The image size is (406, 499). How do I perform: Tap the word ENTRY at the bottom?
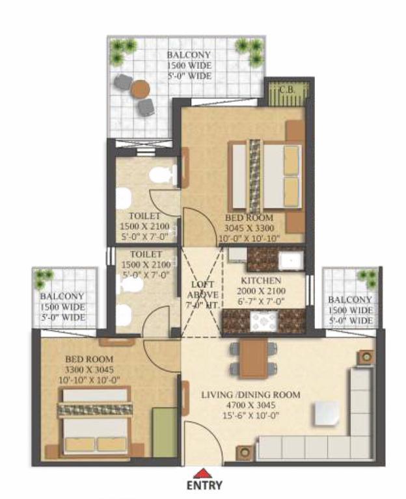pyautogui.click(x=204, y=485)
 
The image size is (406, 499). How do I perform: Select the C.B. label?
pyautogui.click(x=288, y=90)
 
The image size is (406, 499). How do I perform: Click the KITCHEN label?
pyautogui.click(x=261, y=281)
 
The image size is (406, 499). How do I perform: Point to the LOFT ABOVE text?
pyautogui.click(x=203, y=290)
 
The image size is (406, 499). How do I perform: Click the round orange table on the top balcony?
pyautogui.click(x=140, y=88)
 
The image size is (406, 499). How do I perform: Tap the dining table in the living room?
pyautogui.click(x=254, y=358)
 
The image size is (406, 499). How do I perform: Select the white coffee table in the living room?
pyautogui.click(x=326, y=413)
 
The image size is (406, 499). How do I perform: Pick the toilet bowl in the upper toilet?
pyautogui.click(x=163, y=175)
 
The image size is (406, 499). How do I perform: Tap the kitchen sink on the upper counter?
pyautogui.click(x=291, y=261)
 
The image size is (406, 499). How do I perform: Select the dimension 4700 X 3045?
pyautogui.click(x=250, y=405)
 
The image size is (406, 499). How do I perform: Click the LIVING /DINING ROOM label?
pyautogui.click(x=250, y=395)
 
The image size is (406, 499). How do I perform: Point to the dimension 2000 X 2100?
pyautogui.click(x=261, y=291)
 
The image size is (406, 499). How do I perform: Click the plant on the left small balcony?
pyautogui.click(x=44, y=277)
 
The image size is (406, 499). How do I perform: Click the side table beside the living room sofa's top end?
pyautogui.click(x=365, y=357)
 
